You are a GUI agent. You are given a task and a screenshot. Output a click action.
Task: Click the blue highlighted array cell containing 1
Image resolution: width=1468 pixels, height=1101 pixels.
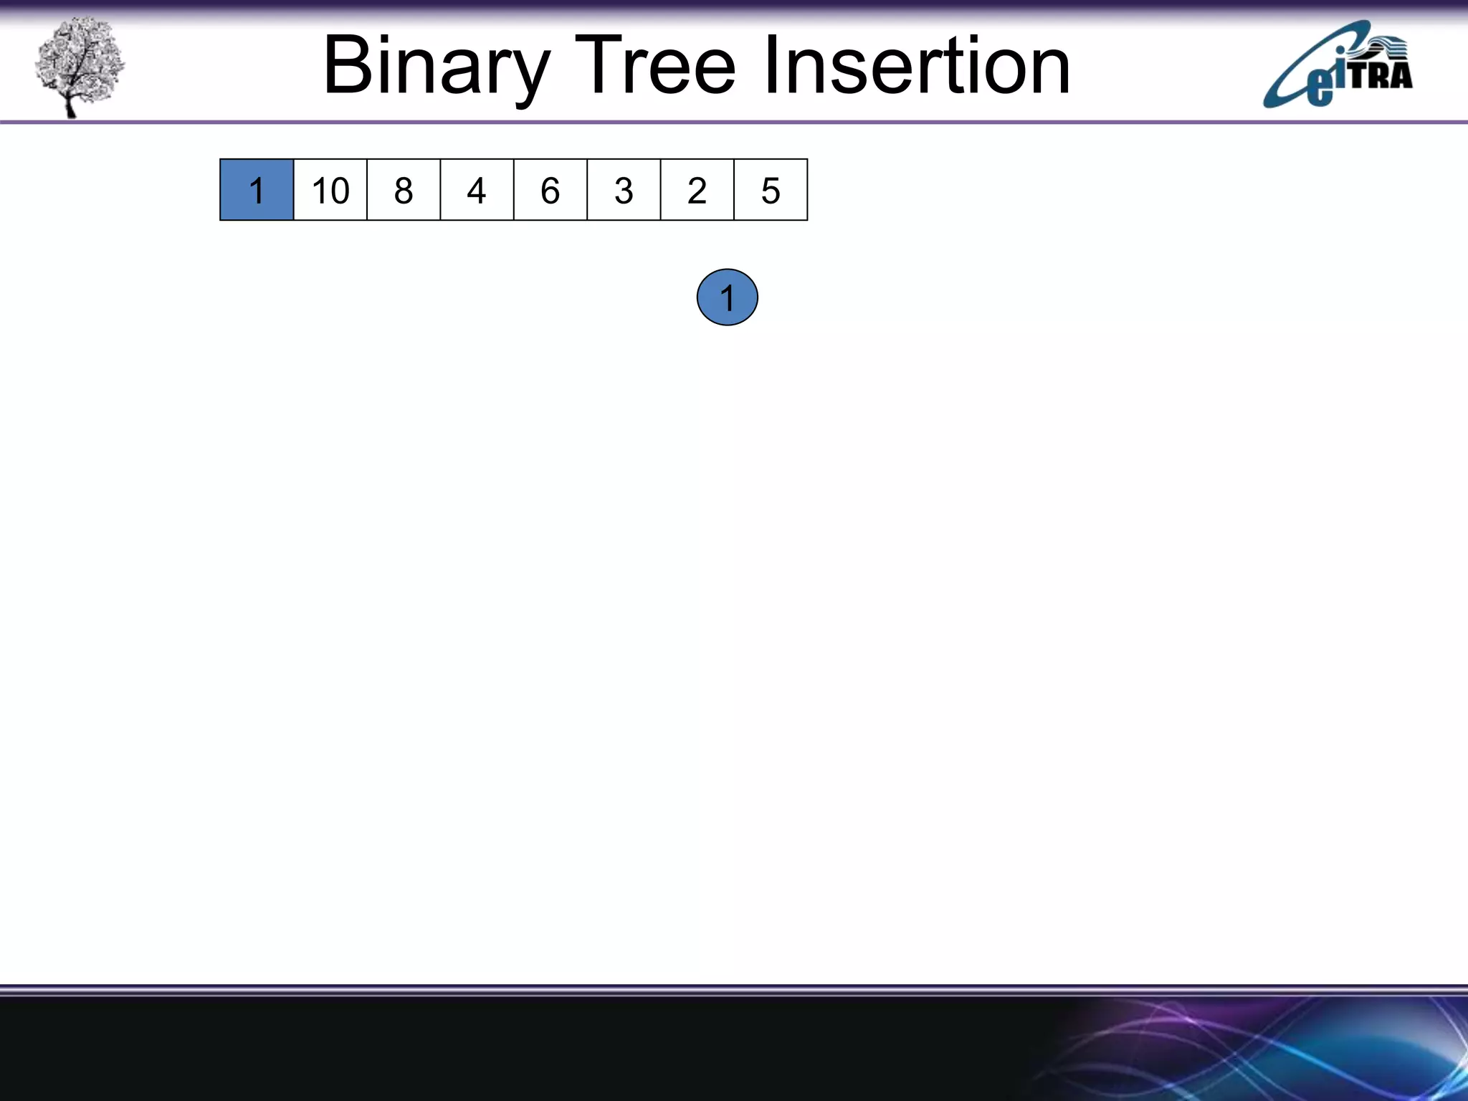(x=257, y=190)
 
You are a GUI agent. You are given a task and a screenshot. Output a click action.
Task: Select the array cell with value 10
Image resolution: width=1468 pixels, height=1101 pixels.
(x=330, y=190)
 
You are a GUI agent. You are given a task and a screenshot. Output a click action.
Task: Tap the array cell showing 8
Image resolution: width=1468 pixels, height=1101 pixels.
(x=404, y=190)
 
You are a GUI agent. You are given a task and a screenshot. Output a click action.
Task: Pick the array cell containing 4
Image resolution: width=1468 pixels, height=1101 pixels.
(x=477, y=190)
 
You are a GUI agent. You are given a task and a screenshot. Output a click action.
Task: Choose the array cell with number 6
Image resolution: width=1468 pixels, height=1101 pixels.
(x=550, y=190)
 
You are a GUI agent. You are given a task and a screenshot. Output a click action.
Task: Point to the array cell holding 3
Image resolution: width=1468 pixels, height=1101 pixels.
(x=624, y=190)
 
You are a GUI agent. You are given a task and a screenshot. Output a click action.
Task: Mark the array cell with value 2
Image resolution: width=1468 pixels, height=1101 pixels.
(x=697, y=190)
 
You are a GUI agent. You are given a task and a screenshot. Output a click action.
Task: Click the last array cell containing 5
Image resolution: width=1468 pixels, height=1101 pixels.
(x=771, y=190)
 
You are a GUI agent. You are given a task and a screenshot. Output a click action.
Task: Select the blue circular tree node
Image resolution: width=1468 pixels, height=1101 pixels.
(x=727, y=297)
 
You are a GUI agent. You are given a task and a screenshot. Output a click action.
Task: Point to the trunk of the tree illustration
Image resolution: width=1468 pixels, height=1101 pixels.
(x=70, y=104)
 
